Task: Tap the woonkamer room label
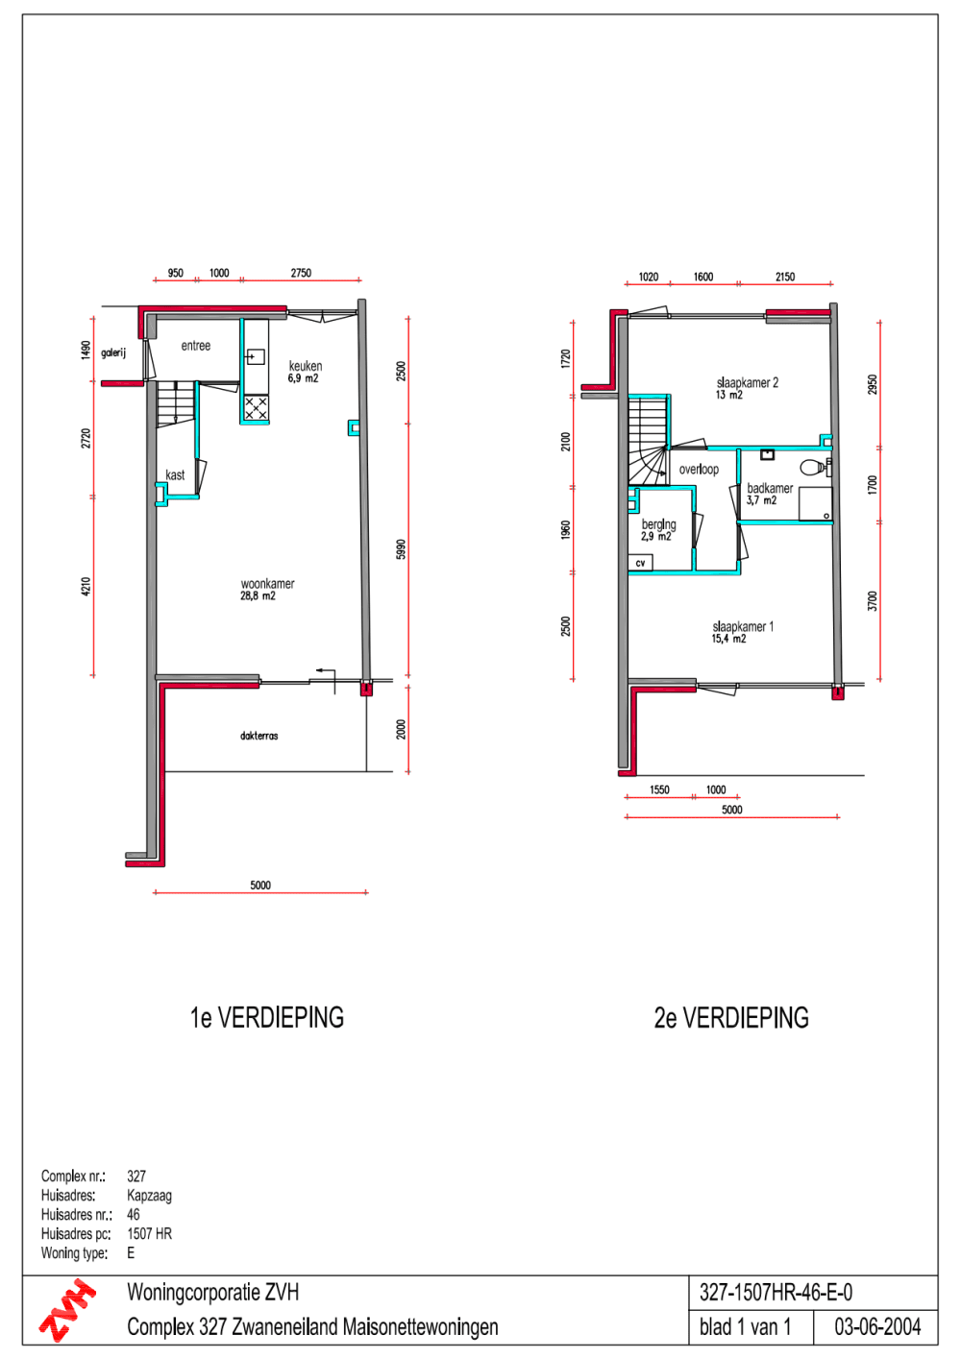click(x=268, y=584)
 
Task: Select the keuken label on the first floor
click(x=306, y=366)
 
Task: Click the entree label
click(x=195, y=346)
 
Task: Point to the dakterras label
click(x=259, y=736)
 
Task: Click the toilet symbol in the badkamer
click(x=814, y=467)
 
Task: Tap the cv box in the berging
click(x=640, y=563)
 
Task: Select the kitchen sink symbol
click(x=255, y=356)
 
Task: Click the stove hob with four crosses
click(x=256, y=407)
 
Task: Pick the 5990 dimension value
click(x=401, y=549)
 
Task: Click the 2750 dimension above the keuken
click(x=301, y=273)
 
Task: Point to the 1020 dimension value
click(x=649, y=277)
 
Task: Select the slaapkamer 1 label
click(x=743, y=626)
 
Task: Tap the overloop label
click(x=699, y=469)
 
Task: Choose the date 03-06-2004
click(x=877, y=1327)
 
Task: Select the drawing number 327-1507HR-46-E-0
click(x=776, y=1293)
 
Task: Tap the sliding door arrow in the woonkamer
click(x=326, y=671)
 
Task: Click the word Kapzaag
click(x=149, y=1196)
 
